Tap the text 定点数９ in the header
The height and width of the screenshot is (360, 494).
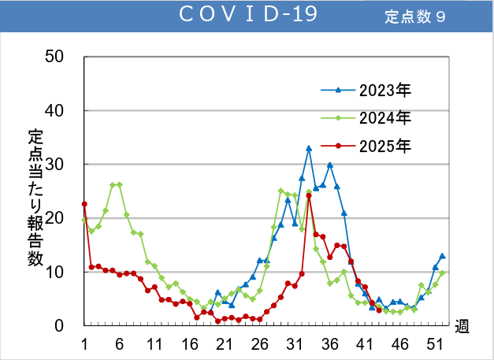pyautogui.click(x=415, y=17)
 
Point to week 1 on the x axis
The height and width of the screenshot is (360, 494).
pyautogui.click(x=84, y=343)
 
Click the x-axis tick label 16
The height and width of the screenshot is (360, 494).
pyautogui.click(x=190, y=343)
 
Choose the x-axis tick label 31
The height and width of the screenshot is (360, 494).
pyautogui.click(x=295, y=343)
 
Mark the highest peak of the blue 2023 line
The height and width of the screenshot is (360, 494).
pyautogui.click(x=309, y=148)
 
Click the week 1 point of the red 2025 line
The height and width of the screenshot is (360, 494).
pyautogui.click(x=84, y=204)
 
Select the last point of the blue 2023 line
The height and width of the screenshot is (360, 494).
pyautogui.click(x=443, y=256)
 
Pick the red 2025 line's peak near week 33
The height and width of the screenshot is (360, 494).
pyautogui.click(x=309, y=195)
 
